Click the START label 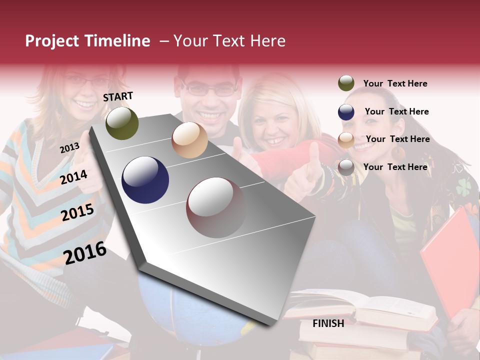click(118, 96)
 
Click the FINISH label click(328, 323)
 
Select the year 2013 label click(69, 147)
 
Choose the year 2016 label click(85, 253)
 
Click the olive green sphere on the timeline click(122, 123)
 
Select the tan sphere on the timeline click(189, 140)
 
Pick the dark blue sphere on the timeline click(145, 180)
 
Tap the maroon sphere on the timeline click(216, 207)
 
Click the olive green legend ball click(346, 83)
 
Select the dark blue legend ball click(346, 112)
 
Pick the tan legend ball click(346, 140)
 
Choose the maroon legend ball click(346, 167)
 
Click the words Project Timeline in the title click(87, 41)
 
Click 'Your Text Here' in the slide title click(229, 41)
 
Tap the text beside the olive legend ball click(395, 83)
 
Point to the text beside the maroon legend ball click(395, 167)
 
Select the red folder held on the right click(450, 260)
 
